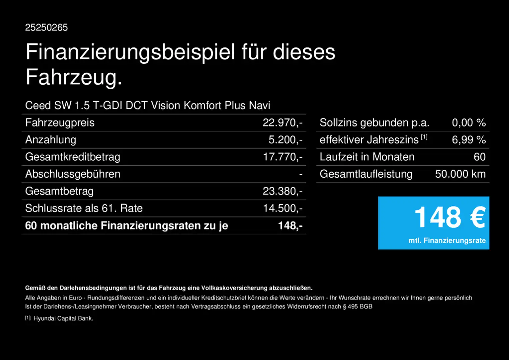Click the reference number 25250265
pyautogui.click(x=46, y=27)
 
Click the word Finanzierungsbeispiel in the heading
pyautogui.click(x=130, y=52)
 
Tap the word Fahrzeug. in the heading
pyautogui.click(x=74, y=77)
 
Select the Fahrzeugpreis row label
pyautogui.click(x=60, y=123)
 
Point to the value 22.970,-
pyautogui.click(x=282, y=123)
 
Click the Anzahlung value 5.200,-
pyautogui.click(x=285, y=140)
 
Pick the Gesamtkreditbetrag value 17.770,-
pyautogui.click(x=283, y=157)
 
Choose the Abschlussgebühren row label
pyautogui.click(x=73, y=174)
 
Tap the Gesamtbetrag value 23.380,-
pyautogui.click(x=282, y=191)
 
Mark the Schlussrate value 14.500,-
pyautogui.click(x=283, y=208)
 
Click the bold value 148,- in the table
pyautogui.click(x=290, y=226)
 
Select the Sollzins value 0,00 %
pyautogui.click(x=469, y=123)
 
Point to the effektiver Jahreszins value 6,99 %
pyautogui.click(x=469, y=140)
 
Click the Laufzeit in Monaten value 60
pyautogui.click(x=480, y=157)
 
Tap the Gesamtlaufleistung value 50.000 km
pyautogui.click(x=460, y=174)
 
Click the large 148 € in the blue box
pyautogui.click(x=450, y=217)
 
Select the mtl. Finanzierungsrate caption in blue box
pyautogui.click(x=447, y=241)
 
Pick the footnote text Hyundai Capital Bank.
pyautogui.click(x=63, y=319)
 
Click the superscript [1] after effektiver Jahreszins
pyautogui.click(x=424, y=137)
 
